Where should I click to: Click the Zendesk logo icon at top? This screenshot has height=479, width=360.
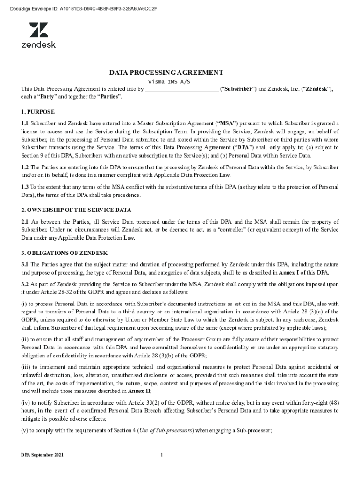point(39,30)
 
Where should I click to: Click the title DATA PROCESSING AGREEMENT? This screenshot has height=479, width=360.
point(166,73)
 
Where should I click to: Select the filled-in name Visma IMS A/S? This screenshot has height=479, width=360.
point(169,81)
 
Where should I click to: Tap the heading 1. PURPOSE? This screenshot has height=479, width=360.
point(38,112)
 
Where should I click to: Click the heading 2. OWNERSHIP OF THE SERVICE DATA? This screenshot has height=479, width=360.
point(76,210)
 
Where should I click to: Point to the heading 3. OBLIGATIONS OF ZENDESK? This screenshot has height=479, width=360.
point(65,253)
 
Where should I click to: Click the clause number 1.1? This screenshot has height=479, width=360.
point(25,124)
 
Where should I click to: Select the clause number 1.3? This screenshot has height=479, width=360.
point(25,187)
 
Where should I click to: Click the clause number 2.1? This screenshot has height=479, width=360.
point(25,221)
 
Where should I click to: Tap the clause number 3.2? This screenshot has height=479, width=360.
point(25,284)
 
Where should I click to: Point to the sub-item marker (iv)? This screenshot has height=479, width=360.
point(26,403)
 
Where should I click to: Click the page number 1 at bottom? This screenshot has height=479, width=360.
point(161,455)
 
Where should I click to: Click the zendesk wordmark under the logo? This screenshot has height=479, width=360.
point(39,45)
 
